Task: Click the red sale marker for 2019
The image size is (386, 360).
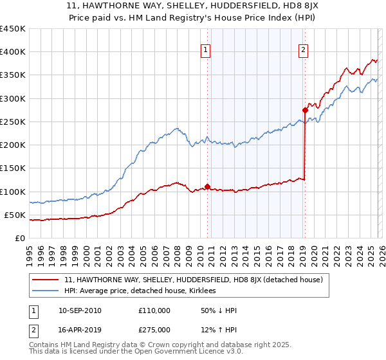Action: (x=305, y=110)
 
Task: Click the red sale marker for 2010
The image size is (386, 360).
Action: (x=207, y=186)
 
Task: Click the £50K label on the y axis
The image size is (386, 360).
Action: (x=15, y=215)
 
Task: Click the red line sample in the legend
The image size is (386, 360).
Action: (x=45, y=280)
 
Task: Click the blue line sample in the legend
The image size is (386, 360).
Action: (x=45, y=291)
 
